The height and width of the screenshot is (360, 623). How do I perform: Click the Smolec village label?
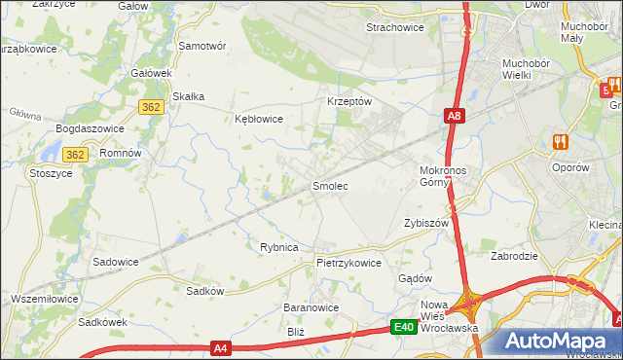pyautogui.click(x=330, y=185)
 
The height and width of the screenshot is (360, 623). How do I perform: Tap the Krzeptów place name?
pyautogui.click(x=348, y=101)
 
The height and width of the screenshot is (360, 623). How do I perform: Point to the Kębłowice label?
pyautogui.click(x=259, y=120)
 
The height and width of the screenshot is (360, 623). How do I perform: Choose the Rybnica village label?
pyautogui.click(x=278, y=247)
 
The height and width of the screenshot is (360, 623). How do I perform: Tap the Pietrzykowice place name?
pyautogui.click(x=348, y=263)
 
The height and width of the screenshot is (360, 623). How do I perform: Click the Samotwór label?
pyautogui.click(x=202, y=46)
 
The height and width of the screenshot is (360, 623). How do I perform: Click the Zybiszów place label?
pyautogui.click(x=425, y=223)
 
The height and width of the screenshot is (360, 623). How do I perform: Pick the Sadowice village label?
pyautogui.click(x=115, y=262)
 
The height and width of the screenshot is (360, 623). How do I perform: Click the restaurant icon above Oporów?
pyautogui.click(x=560, y=142)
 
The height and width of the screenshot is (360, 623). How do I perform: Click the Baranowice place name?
pyautogui.click(x=311, y=307)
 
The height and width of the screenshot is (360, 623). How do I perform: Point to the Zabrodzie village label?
pyautogui.click(x=515, y=257)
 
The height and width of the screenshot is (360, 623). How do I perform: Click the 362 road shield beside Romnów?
pyautogui.click(x=77, y=154)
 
